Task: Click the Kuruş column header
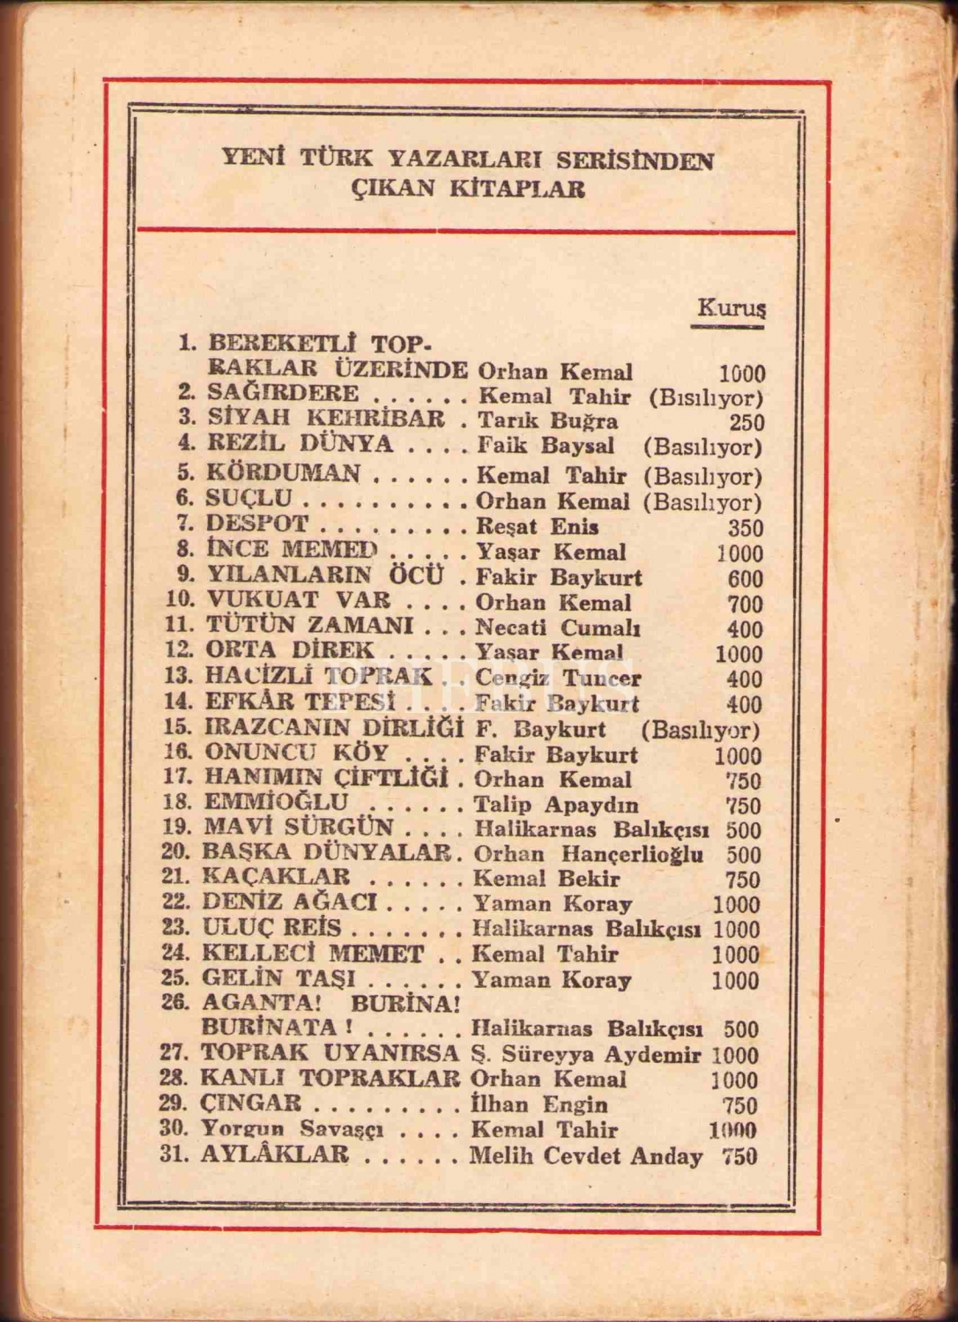pyautogui.click(x=731, y=308)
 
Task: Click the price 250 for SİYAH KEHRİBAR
pyautogui.click(x=746, y=423)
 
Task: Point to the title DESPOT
pyautogui.click(x=257, y=524)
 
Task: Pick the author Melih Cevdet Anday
pyautogui.click(x=586, y=1155)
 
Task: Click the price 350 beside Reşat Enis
pyautogui.click(x=746, y=528)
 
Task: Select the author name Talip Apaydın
pyautogui.click(x=556, y=805)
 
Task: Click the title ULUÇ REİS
pyautogui.click(x=271, y=928)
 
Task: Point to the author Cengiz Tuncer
pyautogui.click(x=558, y=679)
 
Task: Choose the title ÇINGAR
pyautogui.click(x=251, y=1103)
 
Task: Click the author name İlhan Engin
pyautogui.click(x=539, y=1104)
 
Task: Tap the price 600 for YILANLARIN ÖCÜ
pyautogui.click(x=746, y=579)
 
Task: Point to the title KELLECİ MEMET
pyautogui.click(x=313, y=954)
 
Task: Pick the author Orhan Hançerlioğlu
pyautogui.click(x=589, y=855)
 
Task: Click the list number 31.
pyautogui.click(x=175, y=1155)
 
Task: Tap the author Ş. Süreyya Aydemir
pyautogui.click(x=586, y=1054)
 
